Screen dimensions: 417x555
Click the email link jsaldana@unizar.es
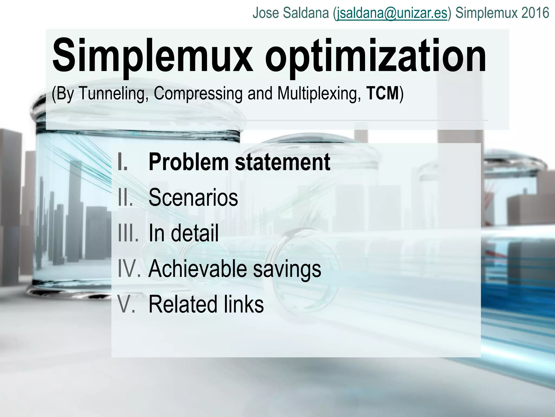[x=391, y=13]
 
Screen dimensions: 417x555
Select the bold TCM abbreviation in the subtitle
[x=382, y=93]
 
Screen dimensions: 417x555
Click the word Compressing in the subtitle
[x=198, y=93]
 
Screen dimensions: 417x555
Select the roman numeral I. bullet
[x=123, y=162]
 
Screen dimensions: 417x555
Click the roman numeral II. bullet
[x=125, y=197]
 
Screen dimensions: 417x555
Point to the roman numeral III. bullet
[x=128, y=233]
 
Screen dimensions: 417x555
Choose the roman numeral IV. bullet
[x=129, y=268]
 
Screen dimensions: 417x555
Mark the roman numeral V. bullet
[x=126, y=304]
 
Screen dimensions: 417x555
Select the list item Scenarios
[x=193, y=197]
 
